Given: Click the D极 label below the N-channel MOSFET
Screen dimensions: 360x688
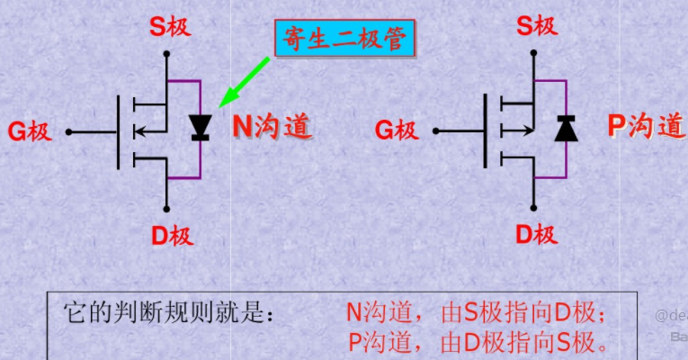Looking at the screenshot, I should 171,236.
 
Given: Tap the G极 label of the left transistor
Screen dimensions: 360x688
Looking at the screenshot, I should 30,132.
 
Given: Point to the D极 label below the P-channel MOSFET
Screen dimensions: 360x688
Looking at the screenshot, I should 536,235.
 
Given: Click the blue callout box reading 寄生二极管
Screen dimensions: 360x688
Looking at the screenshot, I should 344,39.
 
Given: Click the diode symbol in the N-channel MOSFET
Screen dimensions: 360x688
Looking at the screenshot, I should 200,130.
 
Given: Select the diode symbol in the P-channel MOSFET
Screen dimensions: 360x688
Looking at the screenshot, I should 566,129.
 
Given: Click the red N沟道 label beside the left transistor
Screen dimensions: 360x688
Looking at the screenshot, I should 273,126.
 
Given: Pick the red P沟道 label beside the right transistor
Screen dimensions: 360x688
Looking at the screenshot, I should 645,126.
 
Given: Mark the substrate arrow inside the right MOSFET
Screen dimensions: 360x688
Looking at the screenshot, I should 514,130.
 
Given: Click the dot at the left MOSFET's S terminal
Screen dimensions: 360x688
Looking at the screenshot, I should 167,54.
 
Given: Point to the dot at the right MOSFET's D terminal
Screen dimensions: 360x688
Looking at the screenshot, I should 533,206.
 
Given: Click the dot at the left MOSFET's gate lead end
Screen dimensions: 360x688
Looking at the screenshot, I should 68,132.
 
